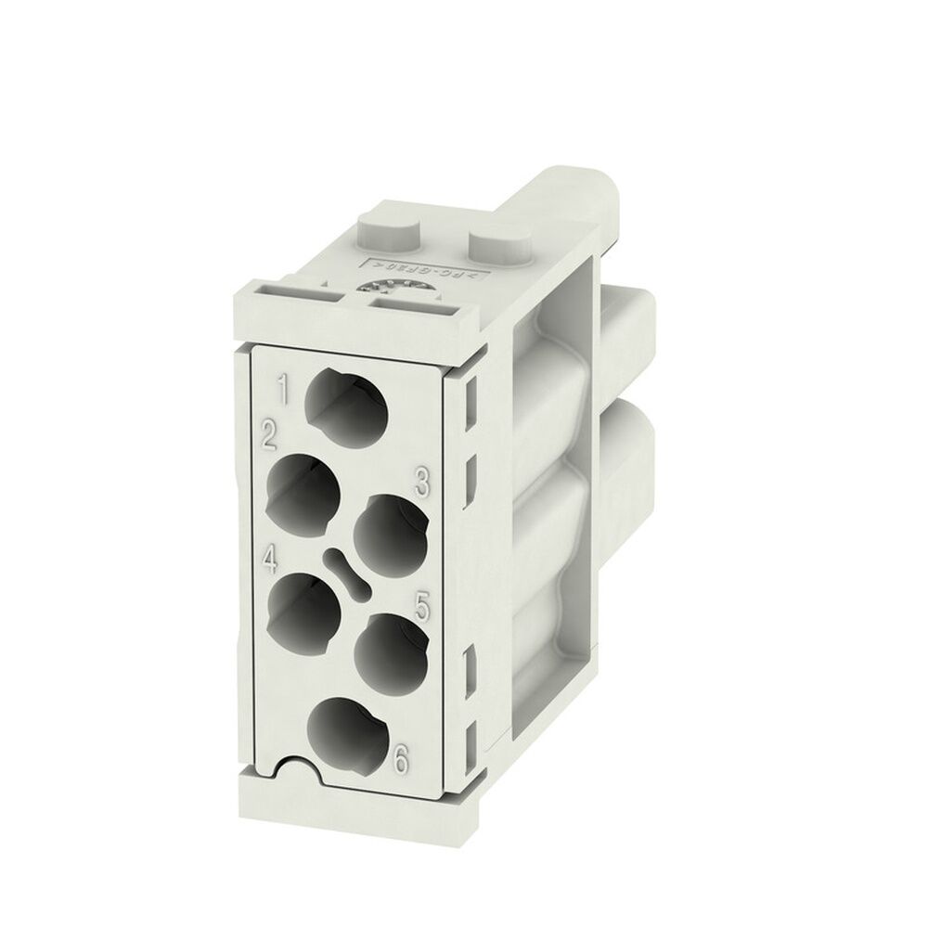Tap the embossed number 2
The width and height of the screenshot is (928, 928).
click(x=271, y=434)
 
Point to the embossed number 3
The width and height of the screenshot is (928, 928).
click(x=421, y=482)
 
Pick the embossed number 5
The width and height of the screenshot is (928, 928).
click(x=422, y=608)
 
